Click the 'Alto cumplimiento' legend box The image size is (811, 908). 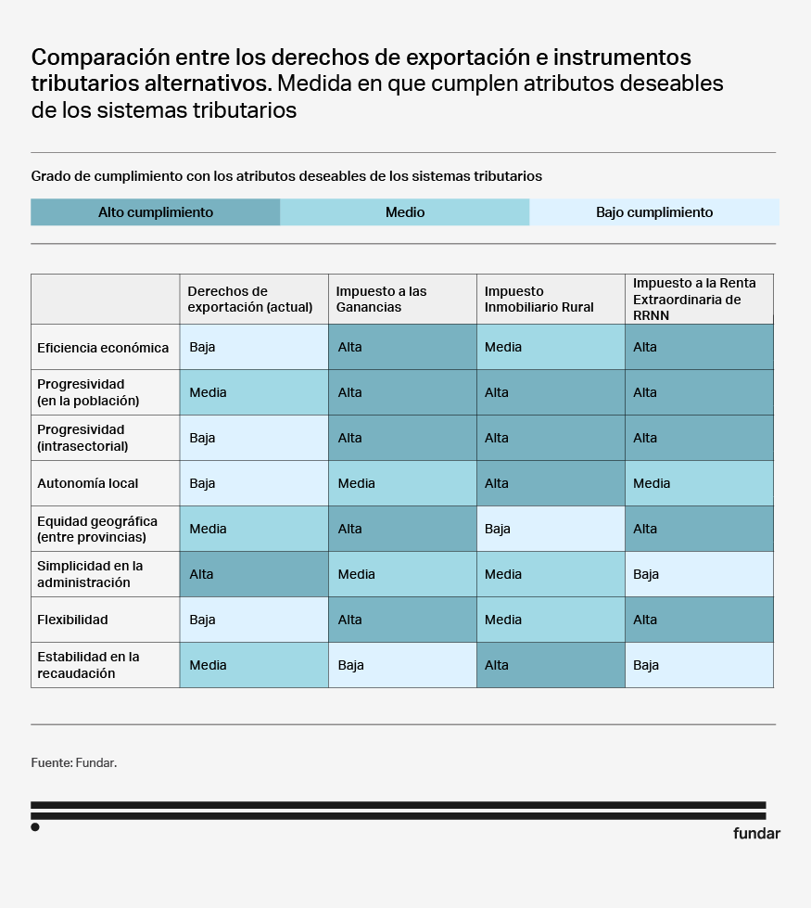coord(156,212)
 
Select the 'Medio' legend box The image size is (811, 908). coord(405,212)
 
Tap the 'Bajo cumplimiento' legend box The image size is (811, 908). coord(654,212)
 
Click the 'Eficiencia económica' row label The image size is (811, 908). coord(104,348)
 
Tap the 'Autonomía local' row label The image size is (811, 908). coord(87,483)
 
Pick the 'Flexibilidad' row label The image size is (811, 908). coord(74,620)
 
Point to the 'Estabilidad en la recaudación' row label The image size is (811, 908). coord(89,665)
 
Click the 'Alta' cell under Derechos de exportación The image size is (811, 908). coord(254,574)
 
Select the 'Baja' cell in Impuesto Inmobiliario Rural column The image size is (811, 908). coord(551,529)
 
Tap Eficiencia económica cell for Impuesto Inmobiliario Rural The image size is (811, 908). coord(551,347)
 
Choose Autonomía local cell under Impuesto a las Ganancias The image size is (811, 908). coord(402,483)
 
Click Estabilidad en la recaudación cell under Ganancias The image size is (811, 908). coord(402,665)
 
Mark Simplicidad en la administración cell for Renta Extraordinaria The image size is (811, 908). coord(699,574)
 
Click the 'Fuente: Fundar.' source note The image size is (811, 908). coord(74,762)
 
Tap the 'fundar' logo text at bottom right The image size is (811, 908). coord(756,833)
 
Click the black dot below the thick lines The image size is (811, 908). coord(35,826)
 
